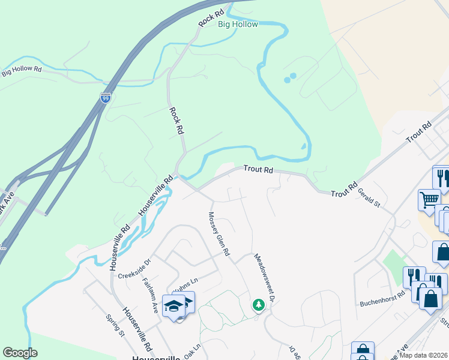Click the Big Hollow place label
point(238,25)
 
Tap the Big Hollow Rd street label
point(21,71)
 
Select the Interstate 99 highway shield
point(105,98)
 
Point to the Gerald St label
point(369,196)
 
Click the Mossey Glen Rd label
point(218,234)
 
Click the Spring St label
point(113,325)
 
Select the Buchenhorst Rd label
point(382,303)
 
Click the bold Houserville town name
point(155,358)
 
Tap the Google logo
point(20,352)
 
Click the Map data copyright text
point(426,355)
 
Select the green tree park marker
point(258,305)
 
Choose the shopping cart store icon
point(429,199)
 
